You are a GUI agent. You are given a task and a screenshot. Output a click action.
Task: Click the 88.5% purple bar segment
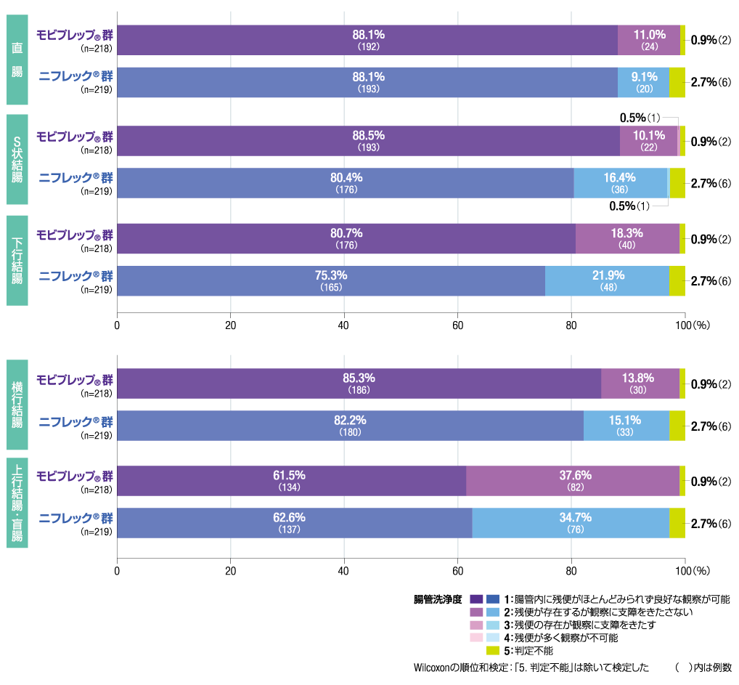tap(368, 141)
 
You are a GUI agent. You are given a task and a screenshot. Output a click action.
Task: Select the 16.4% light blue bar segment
tap(620, 183)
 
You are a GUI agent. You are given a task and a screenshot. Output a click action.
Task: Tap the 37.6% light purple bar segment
tap(573, 481)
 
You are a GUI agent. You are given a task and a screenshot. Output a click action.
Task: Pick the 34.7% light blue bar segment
tap(571, 523)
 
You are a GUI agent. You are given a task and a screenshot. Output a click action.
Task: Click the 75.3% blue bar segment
tap(331, 281)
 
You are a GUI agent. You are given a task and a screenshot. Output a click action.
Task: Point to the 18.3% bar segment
tap(627, 239)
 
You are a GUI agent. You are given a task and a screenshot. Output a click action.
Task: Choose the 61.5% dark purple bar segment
tap(291, 481)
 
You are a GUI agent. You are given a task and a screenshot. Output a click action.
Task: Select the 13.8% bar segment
tap(640, 384)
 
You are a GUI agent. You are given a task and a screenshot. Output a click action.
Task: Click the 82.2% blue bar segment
tap(350, 426)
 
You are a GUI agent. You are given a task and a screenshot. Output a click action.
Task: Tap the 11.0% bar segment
tap(649, 40)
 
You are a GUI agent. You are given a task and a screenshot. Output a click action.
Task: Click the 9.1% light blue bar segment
tap(643, 82)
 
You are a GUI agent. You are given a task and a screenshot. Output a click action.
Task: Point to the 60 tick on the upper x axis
tap(457, 325)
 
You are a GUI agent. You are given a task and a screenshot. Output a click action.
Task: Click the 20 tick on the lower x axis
tap(230, 570)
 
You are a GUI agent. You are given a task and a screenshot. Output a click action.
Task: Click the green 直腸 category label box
tap(17, 60)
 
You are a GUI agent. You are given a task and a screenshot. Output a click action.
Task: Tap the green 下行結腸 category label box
tap(17, 259)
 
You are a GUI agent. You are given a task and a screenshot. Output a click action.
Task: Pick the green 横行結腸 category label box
tap(17, 404)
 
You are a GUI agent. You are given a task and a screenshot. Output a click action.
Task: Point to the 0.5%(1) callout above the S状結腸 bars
tap(640, 118)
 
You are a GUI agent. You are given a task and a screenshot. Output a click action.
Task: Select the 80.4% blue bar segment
tap(345, 183)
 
